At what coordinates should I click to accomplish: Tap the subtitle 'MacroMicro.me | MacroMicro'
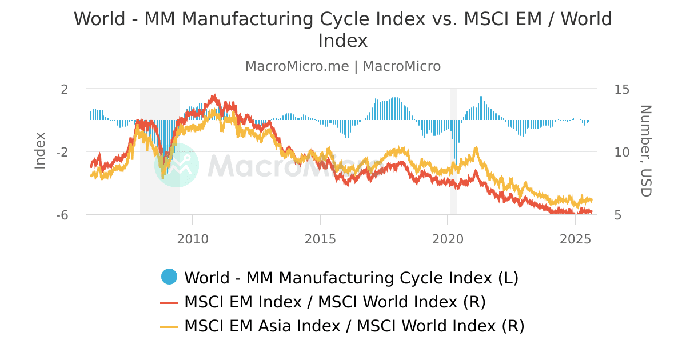pos(343,66)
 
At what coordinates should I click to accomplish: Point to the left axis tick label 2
pos(64,89)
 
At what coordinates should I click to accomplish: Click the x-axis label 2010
pos(193,237)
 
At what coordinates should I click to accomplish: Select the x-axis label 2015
pos(321,237)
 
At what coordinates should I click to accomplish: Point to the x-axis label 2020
pos(448,237)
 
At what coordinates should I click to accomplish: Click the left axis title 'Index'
pos(40,150)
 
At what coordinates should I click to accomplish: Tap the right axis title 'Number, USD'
pos(645,151)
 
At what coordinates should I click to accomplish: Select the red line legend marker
pos(170,302)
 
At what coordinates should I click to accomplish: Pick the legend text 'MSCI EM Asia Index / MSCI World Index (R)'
pos(354,326)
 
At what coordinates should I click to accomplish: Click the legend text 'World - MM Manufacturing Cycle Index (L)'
pos(351,278)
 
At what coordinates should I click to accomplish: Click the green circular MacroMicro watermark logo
pos(177,165)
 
